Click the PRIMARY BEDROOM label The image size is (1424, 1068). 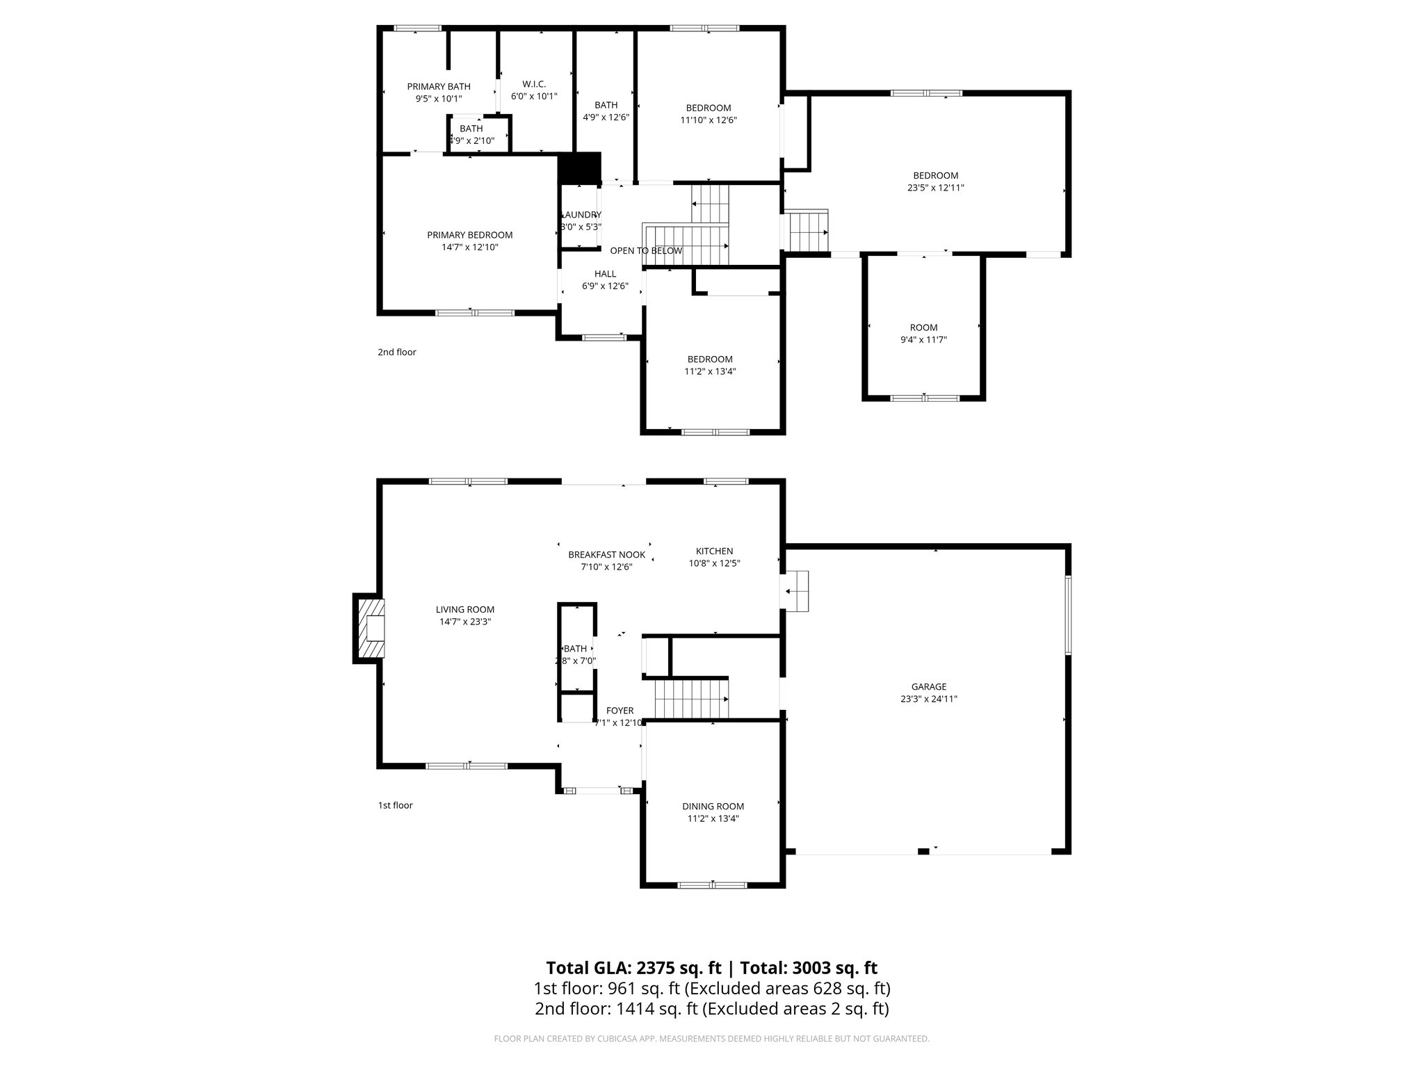pos(469,235)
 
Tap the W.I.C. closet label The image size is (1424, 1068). pos(533,84)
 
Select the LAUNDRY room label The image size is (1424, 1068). pos(581,215)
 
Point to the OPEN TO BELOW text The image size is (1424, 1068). pos(646,250)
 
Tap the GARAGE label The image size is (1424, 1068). pos(928,687)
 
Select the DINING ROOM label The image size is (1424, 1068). pos(713,807)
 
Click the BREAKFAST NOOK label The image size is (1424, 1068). pos(606,555)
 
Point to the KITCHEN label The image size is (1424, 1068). pos(714,551)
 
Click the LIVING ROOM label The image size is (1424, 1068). pos(465,610)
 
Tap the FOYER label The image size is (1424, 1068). pos(620,711)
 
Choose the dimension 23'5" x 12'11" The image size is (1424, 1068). pos(935,188)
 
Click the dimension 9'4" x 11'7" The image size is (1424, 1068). pos(923,340)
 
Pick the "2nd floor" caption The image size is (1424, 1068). pos(397,352)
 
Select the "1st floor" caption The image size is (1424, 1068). pos(395,805)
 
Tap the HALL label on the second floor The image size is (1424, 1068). pos(605,274)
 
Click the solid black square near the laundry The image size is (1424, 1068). pos(580,168)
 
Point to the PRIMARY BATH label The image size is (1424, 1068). pos(439,86)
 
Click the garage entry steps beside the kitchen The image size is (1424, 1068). pos(797,591)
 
